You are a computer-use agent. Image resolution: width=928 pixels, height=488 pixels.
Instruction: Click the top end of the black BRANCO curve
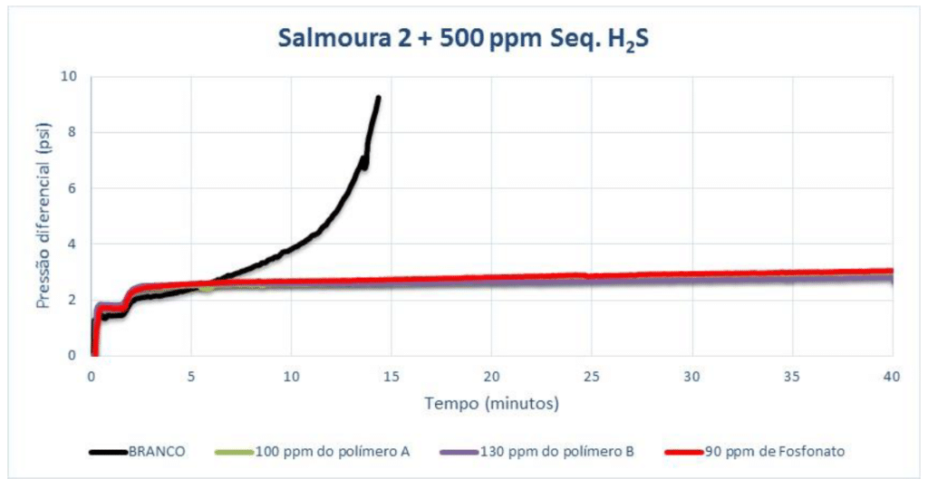(x=378, y=98)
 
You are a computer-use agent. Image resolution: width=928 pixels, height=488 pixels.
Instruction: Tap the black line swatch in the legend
(x=110, y=451)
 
